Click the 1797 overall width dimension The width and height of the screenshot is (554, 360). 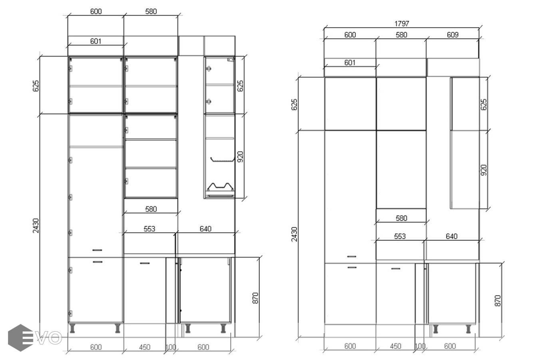click(402, 24)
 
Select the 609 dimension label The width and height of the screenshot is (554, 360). click(452, 35)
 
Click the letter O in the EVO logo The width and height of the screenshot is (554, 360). click(54, 338)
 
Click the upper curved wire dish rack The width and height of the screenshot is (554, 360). click(222, 160)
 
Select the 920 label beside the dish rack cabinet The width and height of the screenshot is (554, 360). click(240, 157)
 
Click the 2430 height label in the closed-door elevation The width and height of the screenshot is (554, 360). click(294, 234)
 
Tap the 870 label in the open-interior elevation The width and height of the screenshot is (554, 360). click(255, 298)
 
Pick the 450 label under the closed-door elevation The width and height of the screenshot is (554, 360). click(395, 346)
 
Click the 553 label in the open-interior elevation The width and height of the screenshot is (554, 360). click(149, 229)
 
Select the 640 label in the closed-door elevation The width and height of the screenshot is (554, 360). click(452, 236)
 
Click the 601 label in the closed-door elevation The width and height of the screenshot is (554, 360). click(350, 62)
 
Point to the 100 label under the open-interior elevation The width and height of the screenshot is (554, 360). click(170, 347)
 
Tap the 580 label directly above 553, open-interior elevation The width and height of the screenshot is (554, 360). click(151, 209)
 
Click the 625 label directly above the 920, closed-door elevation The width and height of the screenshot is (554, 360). click(484, 104)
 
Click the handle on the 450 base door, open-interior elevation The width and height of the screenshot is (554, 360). click(145, 263)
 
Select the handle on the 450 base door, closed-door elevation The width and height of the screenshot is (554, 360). click(396, 269)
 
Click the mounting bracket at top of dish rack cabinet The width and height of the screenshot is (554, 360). click(231, 60)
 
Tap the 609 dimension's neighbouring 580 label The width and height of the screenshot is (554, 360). click(401, 35)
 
